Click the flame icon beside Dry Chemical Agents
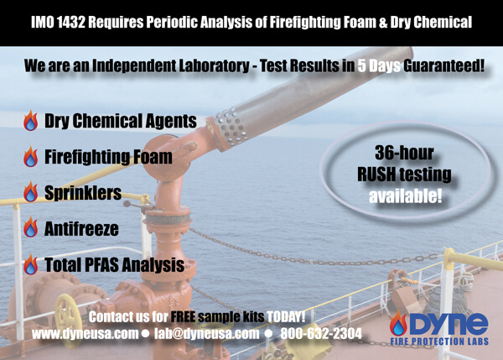click(30, 121)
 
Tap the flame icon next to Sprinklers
click(30, 191)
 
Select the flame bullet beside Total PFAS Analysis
click(30, 264)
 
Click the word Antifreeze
click(81, 228)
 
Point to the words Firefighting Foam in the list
click(108, 157)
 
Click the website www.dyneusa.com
click(85, 334)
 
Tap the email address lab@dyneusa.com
click(206, 334)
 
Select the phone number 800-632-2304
click(321, 334)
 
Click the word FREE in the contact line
click(183, 317)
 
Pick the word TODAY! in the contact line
click(286, 317)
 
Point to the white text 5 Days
click(379, 65)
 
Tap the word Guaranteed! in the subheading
click(443, 65)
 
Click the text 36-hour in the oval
click(404, 153)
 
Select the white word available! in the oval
click(405, 196)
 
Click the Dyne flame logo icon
click(398, 324)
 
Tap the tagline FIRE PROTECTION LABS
click(439, 341)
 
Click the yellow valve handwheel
click(67, 320)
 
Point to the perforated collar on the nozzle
click(231, 128)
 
